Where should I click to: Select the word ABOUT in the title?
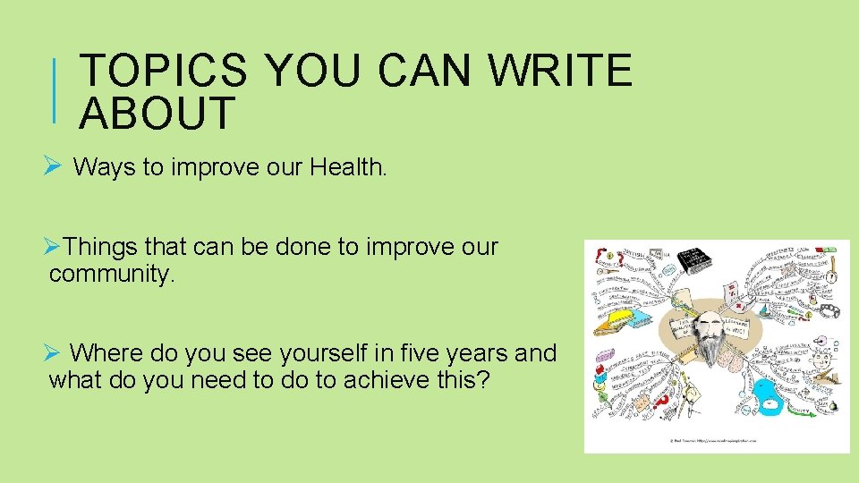pos(157,113)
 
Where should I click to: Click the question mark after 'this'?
pos(484,380)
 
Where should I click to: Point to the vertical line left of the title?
pos(55,90)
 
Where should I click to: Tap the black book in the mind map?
pos(694,260)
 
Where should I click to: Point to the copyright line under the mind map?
pos(716,441)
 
